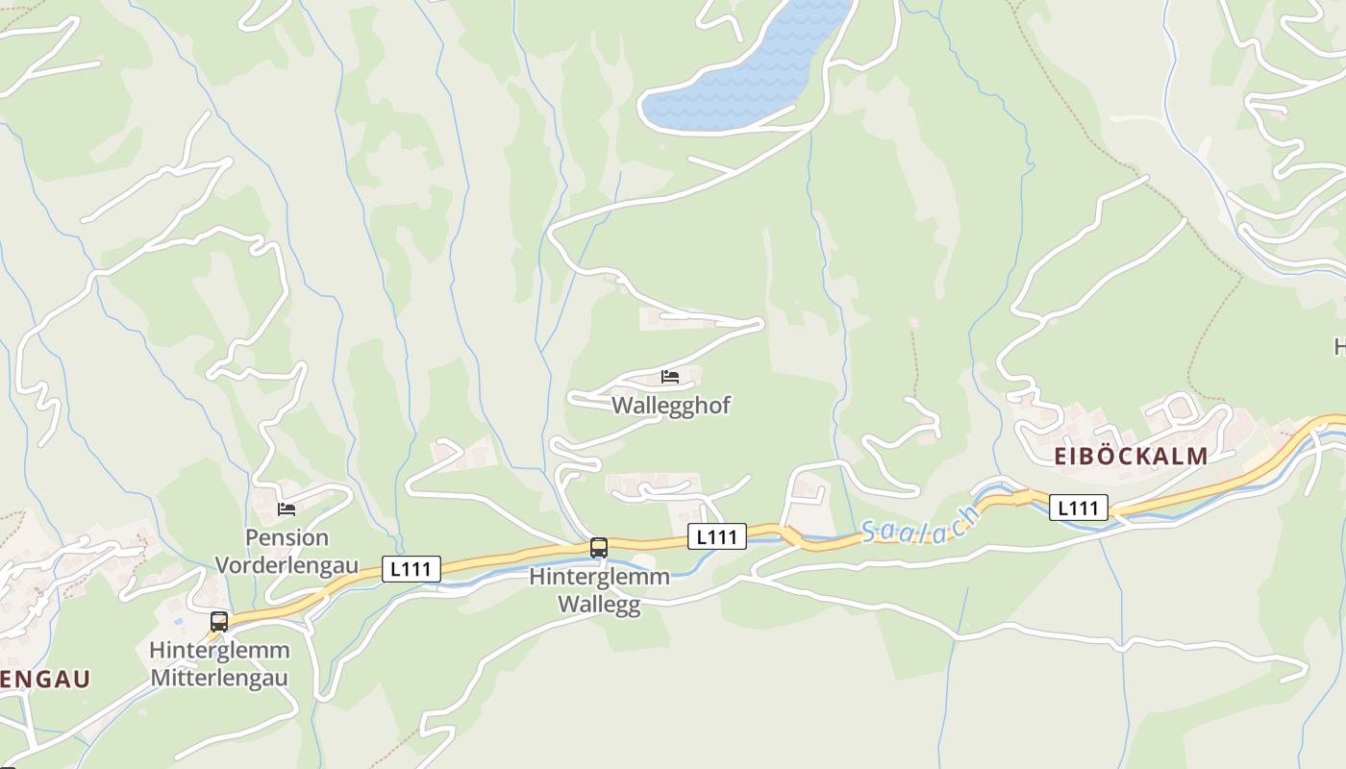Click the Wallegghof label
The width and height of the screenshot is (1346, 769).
click(x=671, y=406)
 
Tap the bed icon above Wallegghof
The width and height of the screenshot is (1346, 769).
click(x=670, y=376)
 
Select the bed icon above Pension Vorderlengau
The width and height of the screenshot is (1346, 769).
click(x=287, y=509)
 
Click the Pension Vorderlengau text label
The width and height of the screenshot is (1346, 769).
click(x=287, y=551)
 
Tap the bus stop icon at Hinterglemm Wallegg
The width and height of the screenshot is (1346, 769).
click(x=599, y=548)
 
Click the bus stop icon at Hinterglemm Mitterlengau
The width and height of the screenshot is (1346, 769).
click(x=219, y=621)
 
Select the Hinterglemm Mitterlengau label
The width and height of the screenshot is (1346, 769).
click(x=219, y=664)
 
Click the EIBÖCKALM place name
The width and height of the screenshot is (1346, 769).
click(x=1131, y=457)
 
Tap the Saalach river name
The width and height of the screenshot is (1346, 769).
click(x=920, y=527)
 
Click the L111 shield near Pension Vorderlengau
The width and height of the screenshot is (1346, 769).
click(x=411, y=569)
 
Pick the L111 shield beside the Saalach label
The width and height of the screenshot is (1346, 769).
click(x=717, y=536)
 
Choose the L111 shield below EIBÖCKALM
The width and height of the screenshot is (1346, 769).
click(x=1079, y=507)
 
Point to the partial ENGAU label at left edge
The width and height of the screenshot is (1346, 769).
click(x=45, y=680)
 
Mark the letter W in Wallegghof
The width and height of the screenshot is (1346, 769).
click(x=622, y=406)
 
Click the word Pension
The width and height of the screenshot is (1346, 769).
click(x=287, y=537)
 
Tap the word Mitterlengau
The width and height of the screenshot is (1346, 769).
click(x=219, y=678)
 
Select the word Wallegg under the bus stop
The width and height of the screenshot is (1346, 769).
click(x=600, y=606)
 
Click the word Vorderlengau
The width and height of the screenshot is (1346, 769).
click(x=287, y=564)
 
